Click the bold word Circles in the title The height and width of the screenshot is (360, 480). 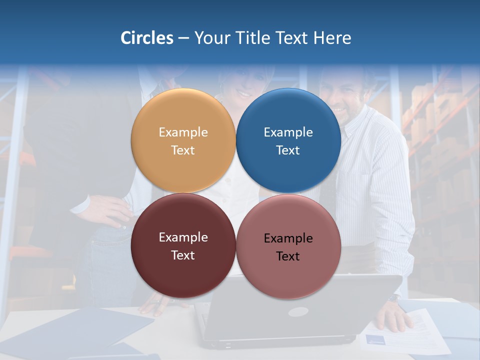147,38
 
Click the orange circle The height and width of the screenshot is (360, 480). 183,140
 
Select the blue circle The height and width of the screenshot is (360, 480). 288,140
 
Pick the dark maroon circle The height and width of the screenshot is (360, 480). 183,245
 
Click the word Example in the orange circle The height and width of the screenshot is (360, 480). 183,132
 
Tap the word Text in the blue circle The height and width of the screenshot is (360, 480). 288,150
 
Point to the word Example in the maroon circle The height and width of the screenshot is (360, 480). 183,237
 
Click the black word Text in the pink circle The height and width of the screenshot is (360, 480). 288,256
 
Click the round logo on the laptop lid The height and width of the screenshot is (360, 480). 298,311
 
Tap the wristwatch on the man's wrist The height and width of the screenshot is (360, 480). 394,298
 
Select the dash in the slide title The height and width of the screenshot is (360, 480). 183,38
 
